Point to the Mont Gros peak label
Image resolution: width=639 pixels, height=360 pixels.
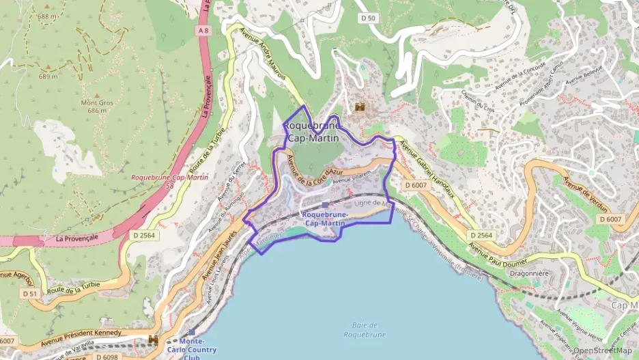96,107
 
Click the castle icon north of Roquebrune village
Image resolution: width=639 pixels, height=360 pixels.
360,108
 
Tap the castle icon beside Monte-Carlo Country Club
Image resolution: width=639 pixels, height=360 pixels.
154,339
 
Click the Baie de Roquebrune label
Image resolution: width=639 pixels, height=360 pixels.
365,329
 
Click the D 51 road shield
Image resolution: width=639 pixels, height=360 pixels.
29,294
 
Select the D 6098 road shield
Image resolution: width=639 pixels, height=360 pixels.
106,356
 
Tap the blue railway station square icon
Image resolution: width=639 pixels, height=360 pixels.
325,204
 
